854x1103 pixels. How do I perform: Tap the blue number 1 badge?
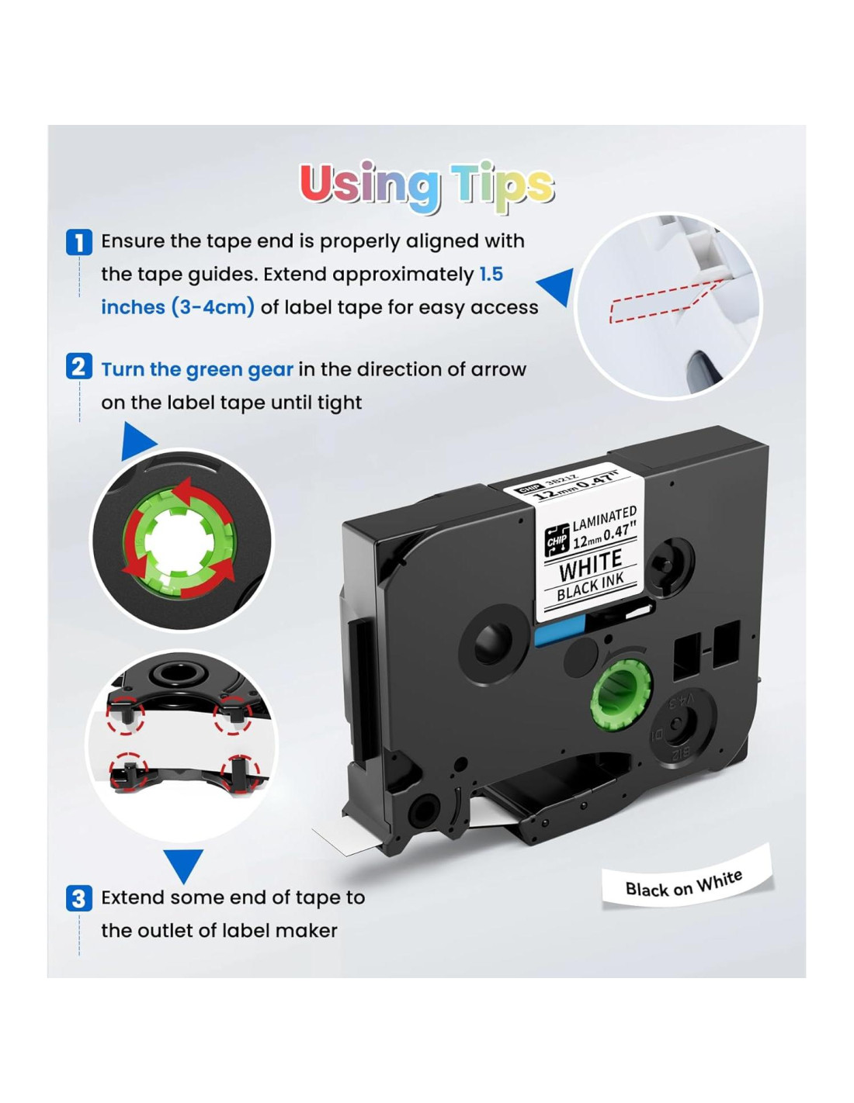click(78, 241)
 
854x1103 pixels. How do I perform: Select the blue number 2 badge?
click(78, 366)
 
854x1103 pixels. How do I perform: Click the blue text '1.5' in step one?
click(491, 274)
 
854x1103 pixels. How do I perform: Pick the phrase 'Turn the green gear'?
click(197, 369)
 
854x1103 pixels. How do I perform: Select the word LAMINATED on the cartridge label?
click(605, 518)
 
